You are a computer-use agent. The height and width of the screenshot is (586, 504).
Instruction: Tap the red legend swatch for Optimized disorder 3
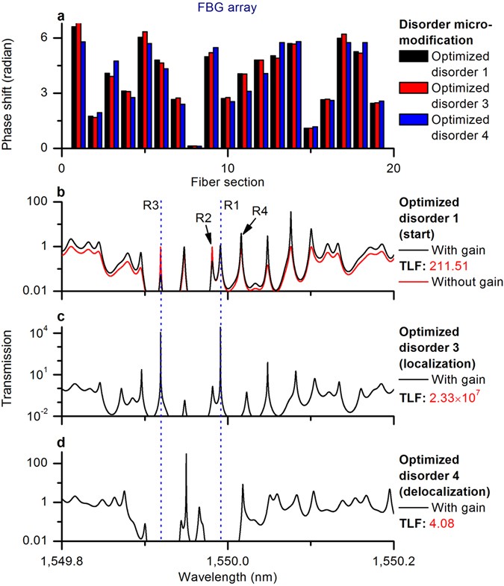(x=418, y=95)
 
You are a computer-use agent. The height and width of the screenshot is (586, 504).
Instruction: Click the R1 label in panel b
(x=231, y=204)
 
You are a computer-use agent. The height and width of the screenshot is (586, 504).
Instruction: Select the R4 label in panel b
(x=259, y=212)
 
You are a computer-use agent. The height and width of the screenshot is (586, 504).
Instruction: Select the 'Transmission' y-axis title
(x=10, y=370)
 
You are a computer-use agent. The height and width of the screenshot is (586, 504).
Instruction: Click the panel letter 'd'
(x=63, y=446)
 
